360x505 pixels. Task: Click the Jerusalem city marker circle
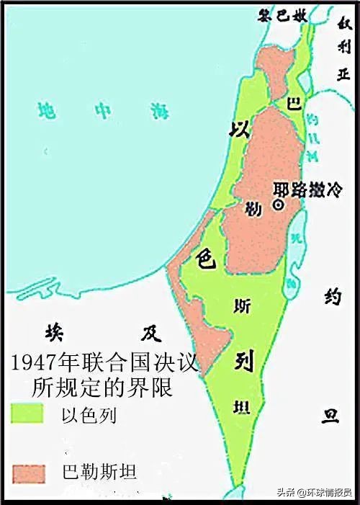click(277, 205)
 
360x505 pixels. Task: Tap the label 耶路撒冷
click(299, 191)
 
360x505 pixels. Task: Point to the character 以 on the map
click(238, 130)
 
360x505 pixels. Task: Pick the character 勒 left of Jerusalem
click(252, 208)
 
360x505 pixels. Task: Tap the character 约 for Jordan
click(330, 296)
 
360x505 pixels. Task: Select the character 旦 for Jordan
click(330, 416)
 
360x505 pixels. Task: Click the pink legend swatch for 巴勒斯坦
click(27, 472)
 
